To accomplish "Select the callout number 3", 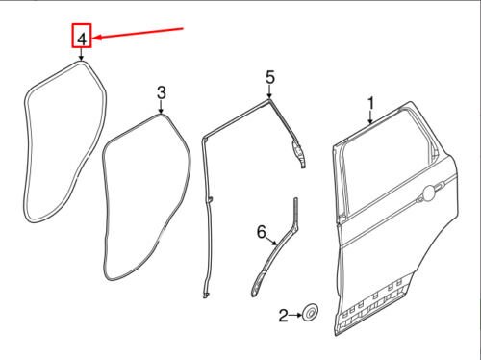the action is coord(162,92).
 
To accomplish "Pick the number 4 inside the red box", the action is coord(83,39).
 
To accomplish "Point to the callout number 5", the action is coord(270,76).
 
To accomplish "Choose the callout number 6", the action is coord(260,231).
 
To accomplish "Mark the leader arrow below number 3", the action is coord(162,107).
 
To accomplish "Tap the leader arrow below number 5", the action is coord(270,90).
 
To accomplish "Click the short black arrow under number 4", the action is coord(83,56).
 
